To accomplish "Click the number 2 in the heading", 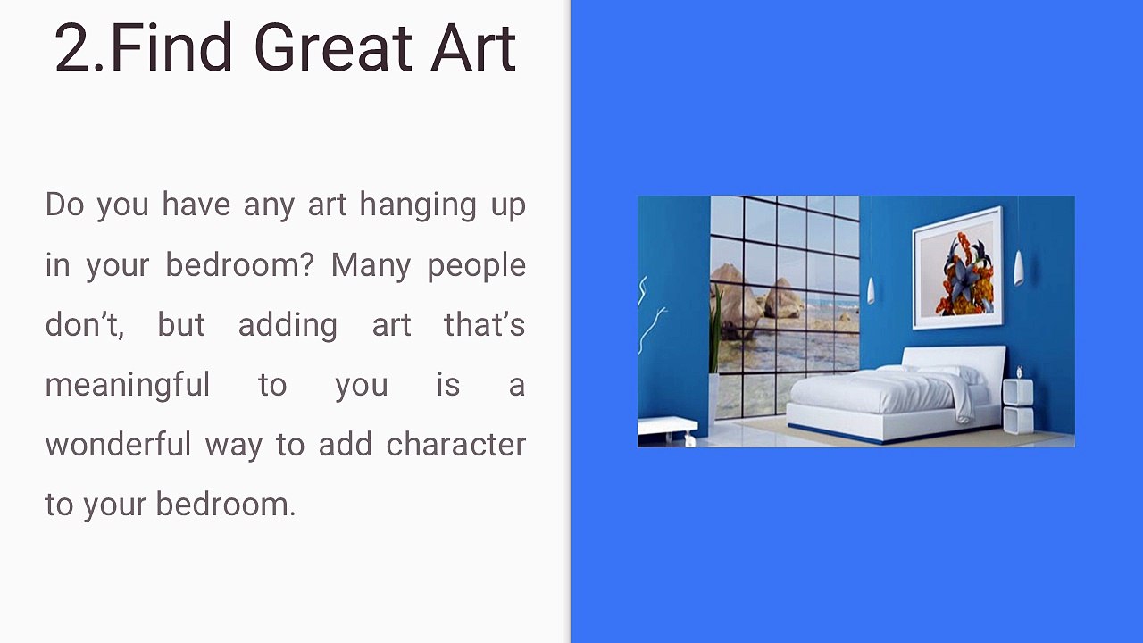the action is [76, 47].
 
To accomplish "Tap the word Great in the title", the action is [333, 47].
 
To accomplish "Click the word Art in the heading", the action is [473, 47].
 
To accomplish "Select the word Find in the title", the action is [171, 46].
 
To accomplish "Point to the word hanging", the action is [417, 206].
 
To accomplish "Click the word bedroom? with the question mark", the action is [238, 265].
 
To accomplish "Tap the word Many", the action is [371, 266].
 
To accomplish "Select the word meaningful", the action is [128, 386].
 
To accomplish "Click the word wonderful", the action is [118, 445].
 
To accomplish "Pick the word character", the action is [455, 446].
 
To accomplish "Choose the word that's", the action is [484, 325].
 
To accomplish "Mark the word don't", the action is [84, 326].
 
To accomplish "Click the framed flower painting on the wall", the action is [957, 267].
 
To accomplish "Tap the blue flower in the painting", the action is [964, 278].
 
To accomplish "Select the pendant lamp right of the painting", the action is [1018, 268].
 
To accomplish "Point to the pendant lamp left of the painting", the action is [871, 290].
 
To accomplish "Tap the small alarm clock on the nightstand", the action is [1019, 372].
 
